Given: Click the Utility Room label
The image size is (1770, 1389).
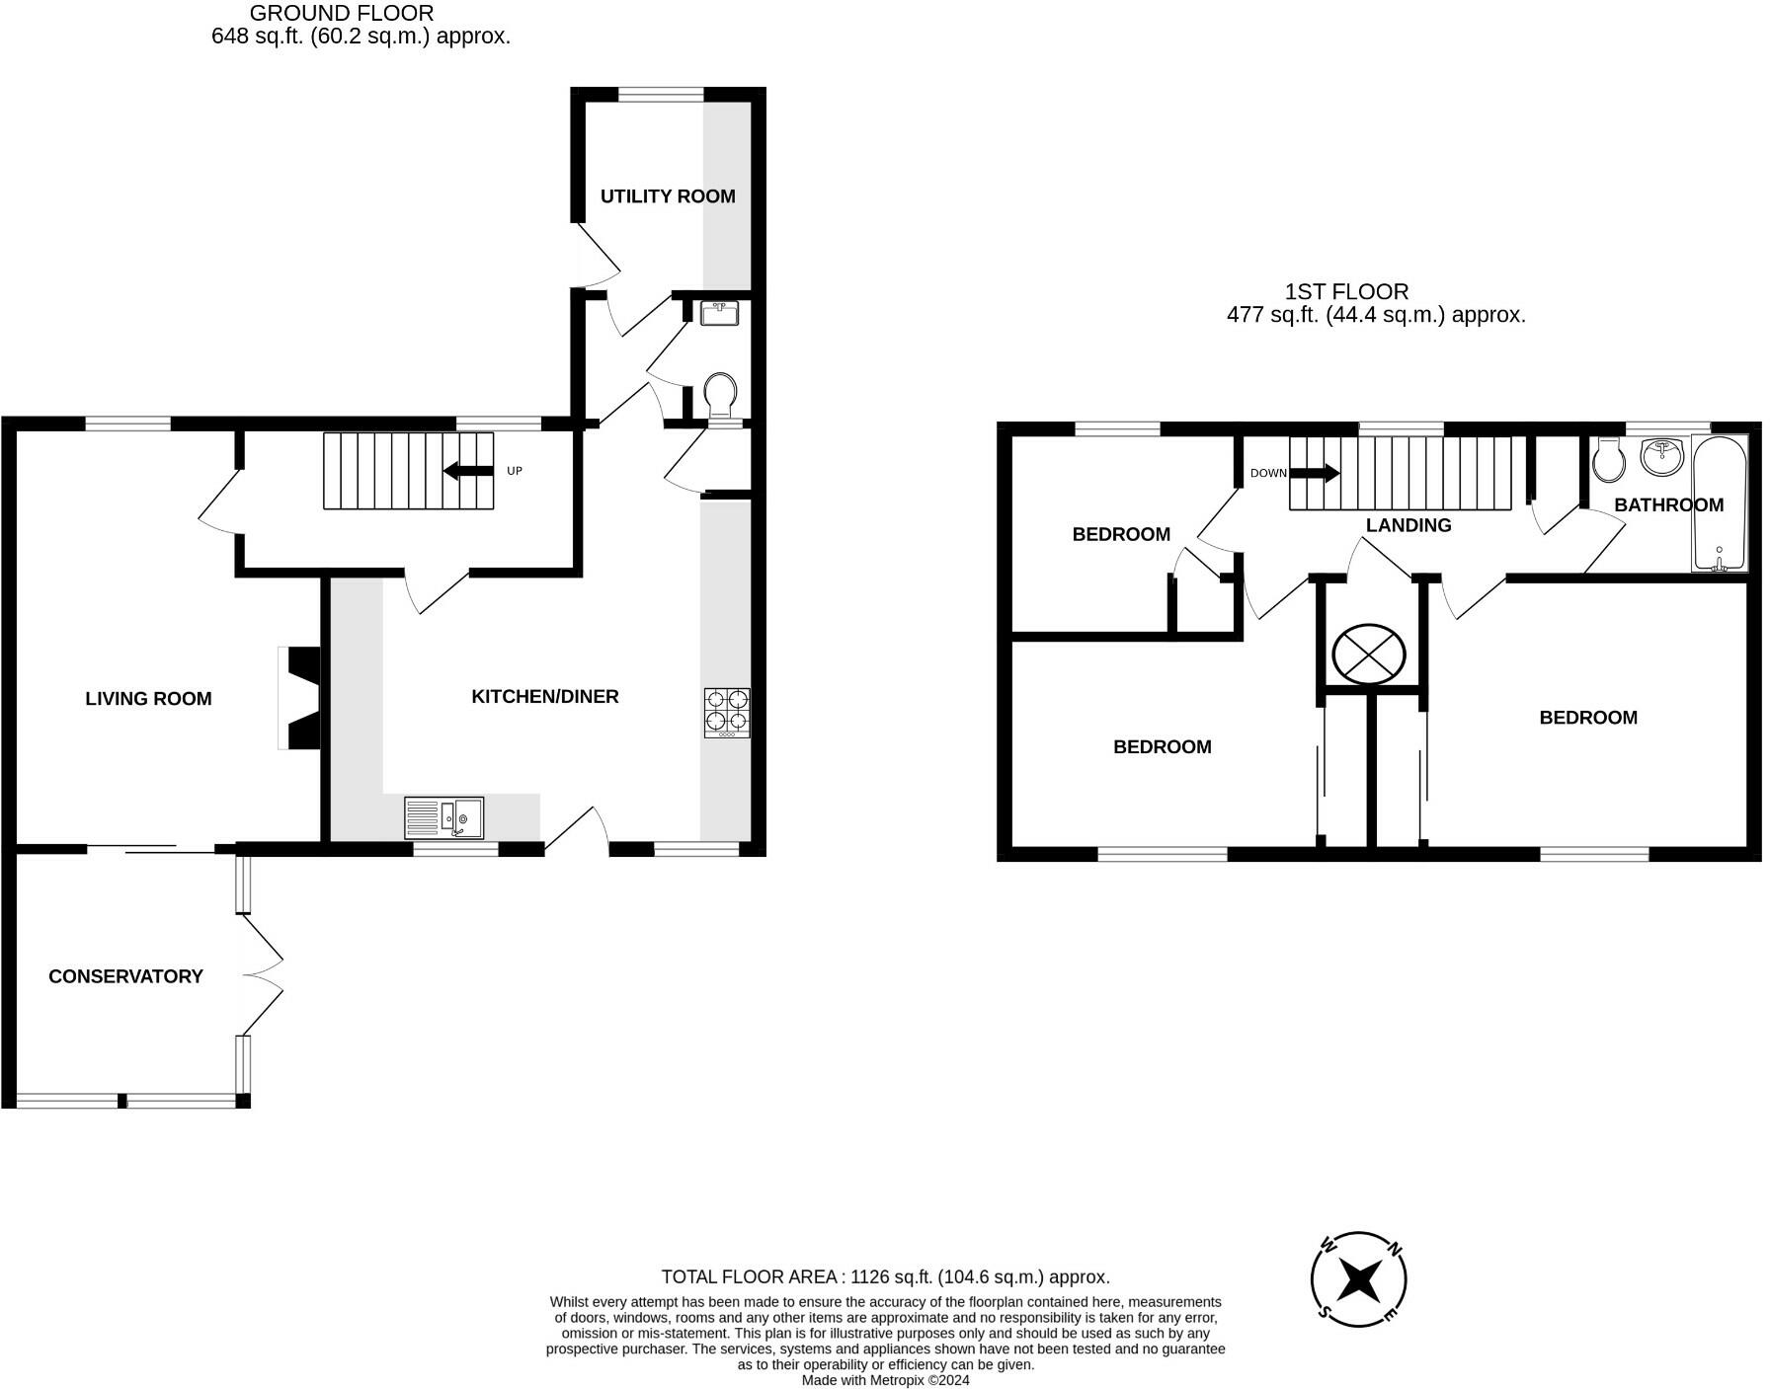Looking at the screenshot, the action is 668,196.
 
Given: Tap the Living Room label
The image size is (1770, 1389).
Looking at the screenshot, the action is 148,699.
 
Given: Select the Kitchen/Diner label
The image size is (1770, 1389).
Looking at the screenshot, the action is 545,697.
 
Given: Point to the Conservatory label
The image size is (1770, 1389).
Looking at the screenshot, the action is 125,976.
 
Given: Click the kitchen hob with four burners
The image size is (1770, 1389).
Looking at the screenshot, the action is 727,713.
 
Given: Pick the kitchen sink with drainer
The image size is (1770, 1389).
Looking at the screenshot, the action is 444,817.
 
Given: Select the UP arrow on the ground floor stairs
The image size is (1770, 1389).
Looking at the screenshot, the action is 468,471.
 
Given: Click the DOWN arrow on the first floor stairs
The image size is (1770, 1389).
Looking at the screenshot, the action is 1316,474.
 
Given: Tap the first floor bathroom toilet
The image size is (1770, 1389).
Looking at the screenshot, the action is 1609,460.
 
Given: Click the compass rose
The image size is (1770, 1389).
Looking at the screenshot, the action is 1359,1280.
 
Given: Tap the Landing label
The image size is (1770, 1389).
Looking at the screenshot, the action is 1408,525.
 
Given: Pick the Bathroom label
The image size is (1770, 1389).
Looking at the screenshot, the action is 1669,504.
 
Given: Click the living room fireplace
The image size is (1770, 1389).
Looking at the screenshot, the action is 299,697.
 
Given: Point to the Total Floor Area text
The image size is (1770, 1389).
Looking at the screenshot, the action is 886,1276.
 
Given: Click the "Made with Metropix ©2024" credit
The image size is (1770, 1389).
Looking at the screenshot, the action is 886,1380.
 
